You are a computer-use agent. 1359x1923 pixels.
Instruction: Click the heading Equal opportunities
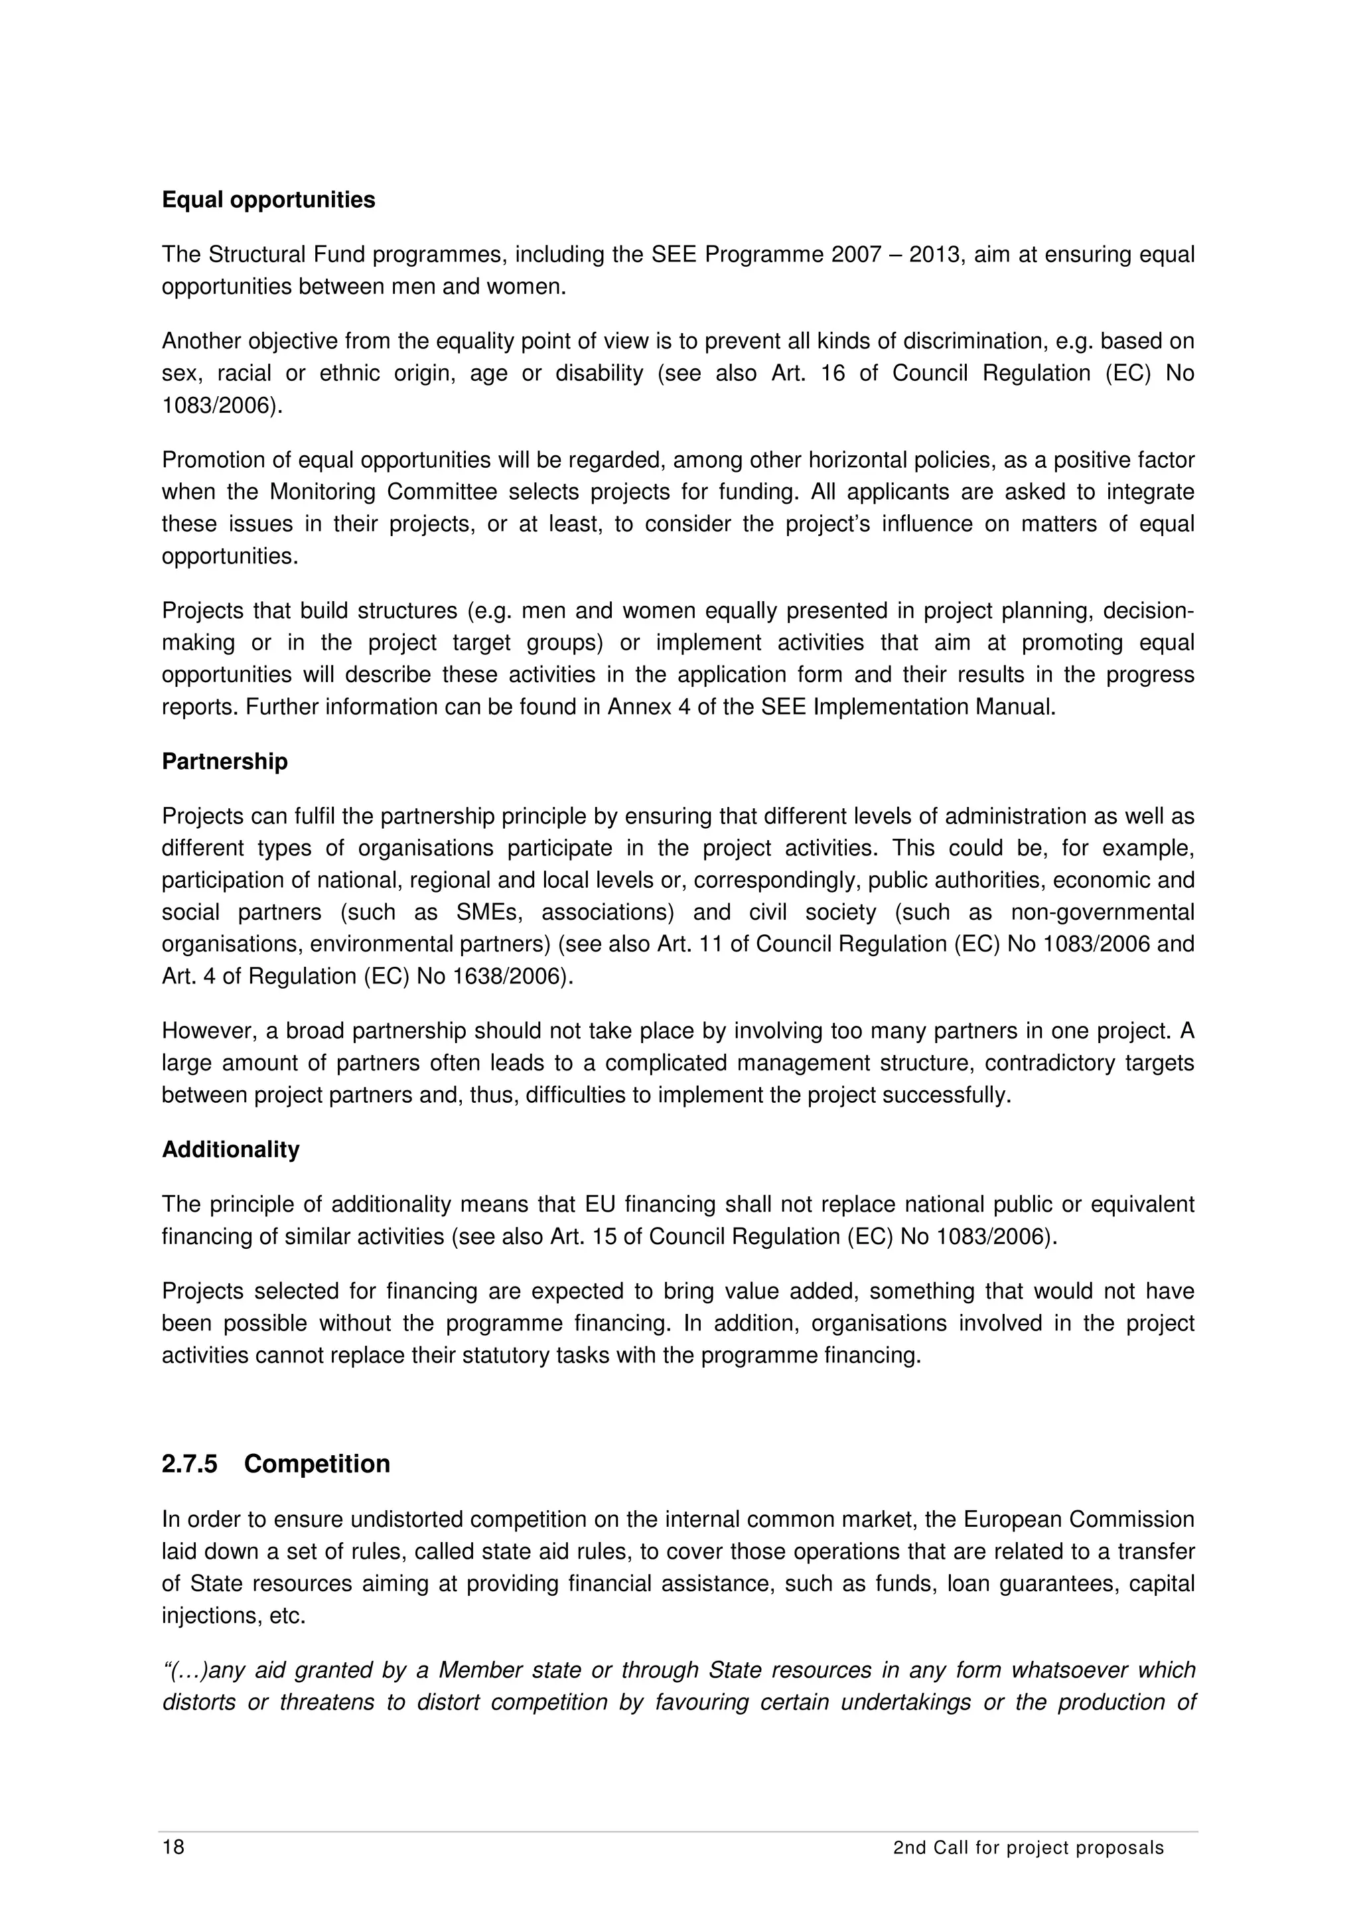coord(268,200)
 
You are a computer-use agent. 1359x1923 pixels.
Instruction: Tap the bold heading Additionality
coord(230,1149)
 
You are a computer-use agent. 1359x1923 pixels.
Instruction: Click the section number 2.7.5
coord(189,1463)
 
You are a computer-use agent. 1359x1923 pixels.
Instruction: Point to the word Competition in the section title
coord(317,1463)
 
